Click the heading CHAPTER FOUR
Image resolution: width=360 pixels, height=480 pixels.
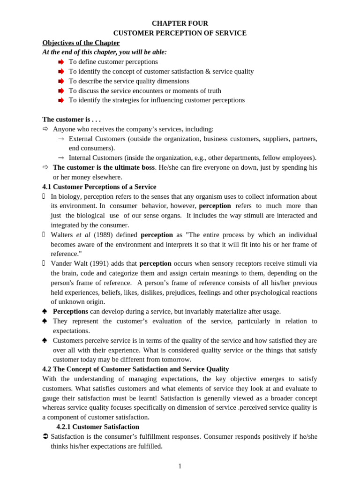tap(180, 23)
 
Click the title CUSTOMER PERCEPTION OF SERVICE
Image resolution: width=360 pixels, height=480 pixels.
tap(180, 33)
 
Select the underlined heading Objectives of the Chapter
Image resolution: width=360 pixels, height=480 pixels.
tap(81, 43)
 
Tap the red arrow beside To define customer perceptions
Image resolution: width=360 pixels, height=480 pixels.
tap(61, 62)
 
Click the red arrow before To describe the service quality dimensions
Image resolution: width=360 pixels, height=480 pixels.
tap(61, 81)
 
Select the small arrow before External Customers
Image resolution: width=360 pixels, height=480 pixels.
tap(61, 139)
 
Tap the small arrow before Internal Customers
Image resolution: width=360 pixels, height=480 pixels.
tap(61, 158)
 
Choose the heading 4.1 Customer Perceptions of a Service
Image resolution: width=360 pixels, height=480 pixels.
tap(99, 187)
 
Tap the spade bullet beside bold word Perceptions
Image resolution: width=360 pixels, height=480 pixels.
tap(45, 311)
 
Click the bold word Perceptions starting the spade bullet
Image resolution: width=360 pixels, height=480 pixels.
tap(70, 311)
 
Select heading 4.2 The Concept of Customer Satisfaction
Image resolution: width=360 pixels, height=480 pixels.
tap(135, 369)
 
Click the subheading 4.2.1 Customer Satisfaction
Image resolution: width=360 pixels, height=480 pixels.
tap(97, 427)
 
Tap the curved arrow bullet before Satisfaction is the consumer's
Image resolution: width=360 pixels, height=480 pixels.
tap(45, 436)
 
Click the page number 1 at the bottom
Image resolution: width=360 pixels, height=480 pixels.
tap(180, 466)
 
